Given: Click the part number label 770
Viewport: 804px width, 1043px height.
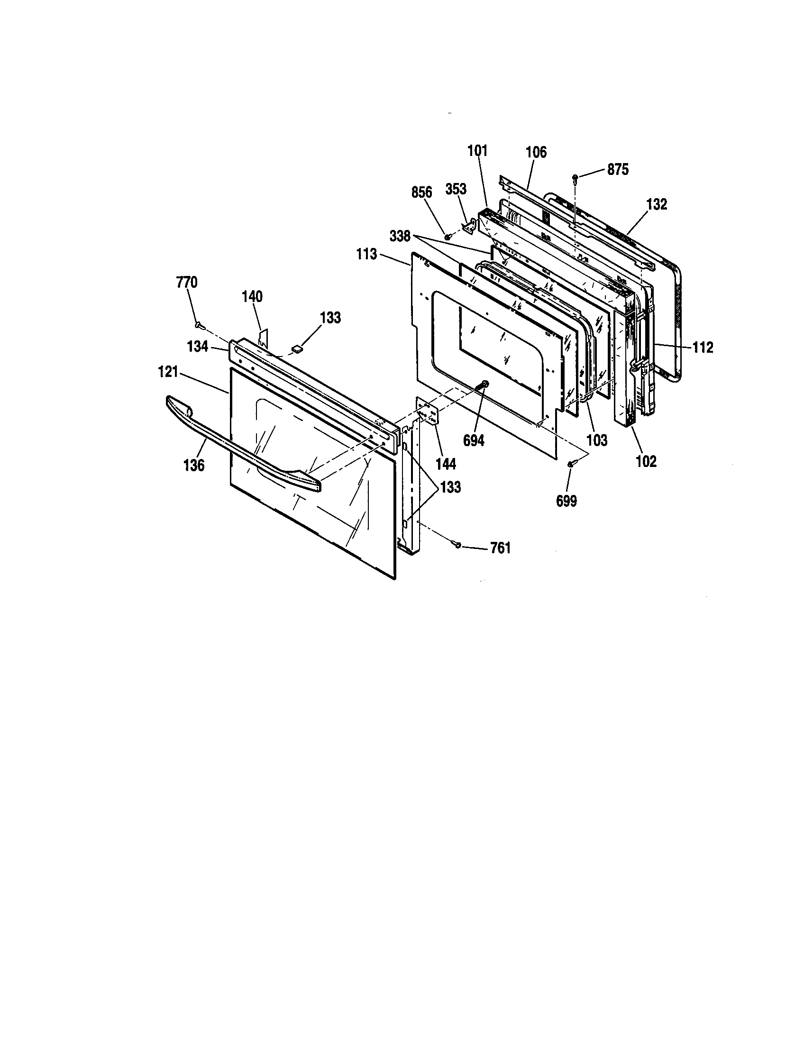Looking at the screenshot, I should (187, 283).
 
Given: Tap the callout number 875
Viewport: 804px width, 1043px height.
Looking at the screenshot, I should (618, 170).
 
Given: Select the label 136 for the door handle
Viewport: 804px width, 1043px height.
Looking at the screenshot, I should (194, 465).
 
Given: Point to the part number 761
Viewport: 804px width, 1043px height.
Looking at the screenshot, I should (500, 549).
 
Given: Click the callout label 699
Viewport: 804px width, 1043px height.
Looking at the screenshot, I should (566, 501).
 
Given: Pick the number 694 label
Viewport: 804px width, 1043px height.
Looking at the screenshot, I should (474, 440).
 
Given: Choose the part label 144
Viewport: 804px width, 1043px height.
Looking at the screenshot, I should (446, 463).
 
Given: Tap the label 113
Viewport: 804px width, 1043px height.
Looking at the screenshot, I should (366, 254).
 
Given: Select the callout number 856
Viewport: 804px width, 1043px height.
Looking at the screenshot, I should (421, 192).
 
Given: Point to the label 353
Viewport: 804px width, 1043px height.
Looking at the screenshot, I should (456, 189).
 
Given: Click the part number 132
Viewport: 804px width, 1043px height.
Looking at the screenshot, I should (657, 204).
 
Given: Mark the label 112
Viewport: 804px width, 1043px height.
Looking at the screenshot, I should (703, 348).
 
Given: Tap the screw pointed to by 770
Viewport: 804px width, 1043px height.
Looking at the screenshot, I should (200, 326).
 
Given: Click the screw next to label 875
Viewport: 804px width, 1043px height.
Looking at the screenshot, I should (576, 178).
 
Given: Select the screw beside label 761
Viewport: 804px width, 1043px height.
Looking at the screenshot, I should (458, 544).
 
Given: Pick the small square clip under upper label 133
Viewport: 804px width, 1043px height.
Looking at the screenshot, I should (299, 349).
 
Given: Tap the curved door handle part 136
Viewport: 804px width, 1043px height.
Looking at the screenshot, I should (239, 445).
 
